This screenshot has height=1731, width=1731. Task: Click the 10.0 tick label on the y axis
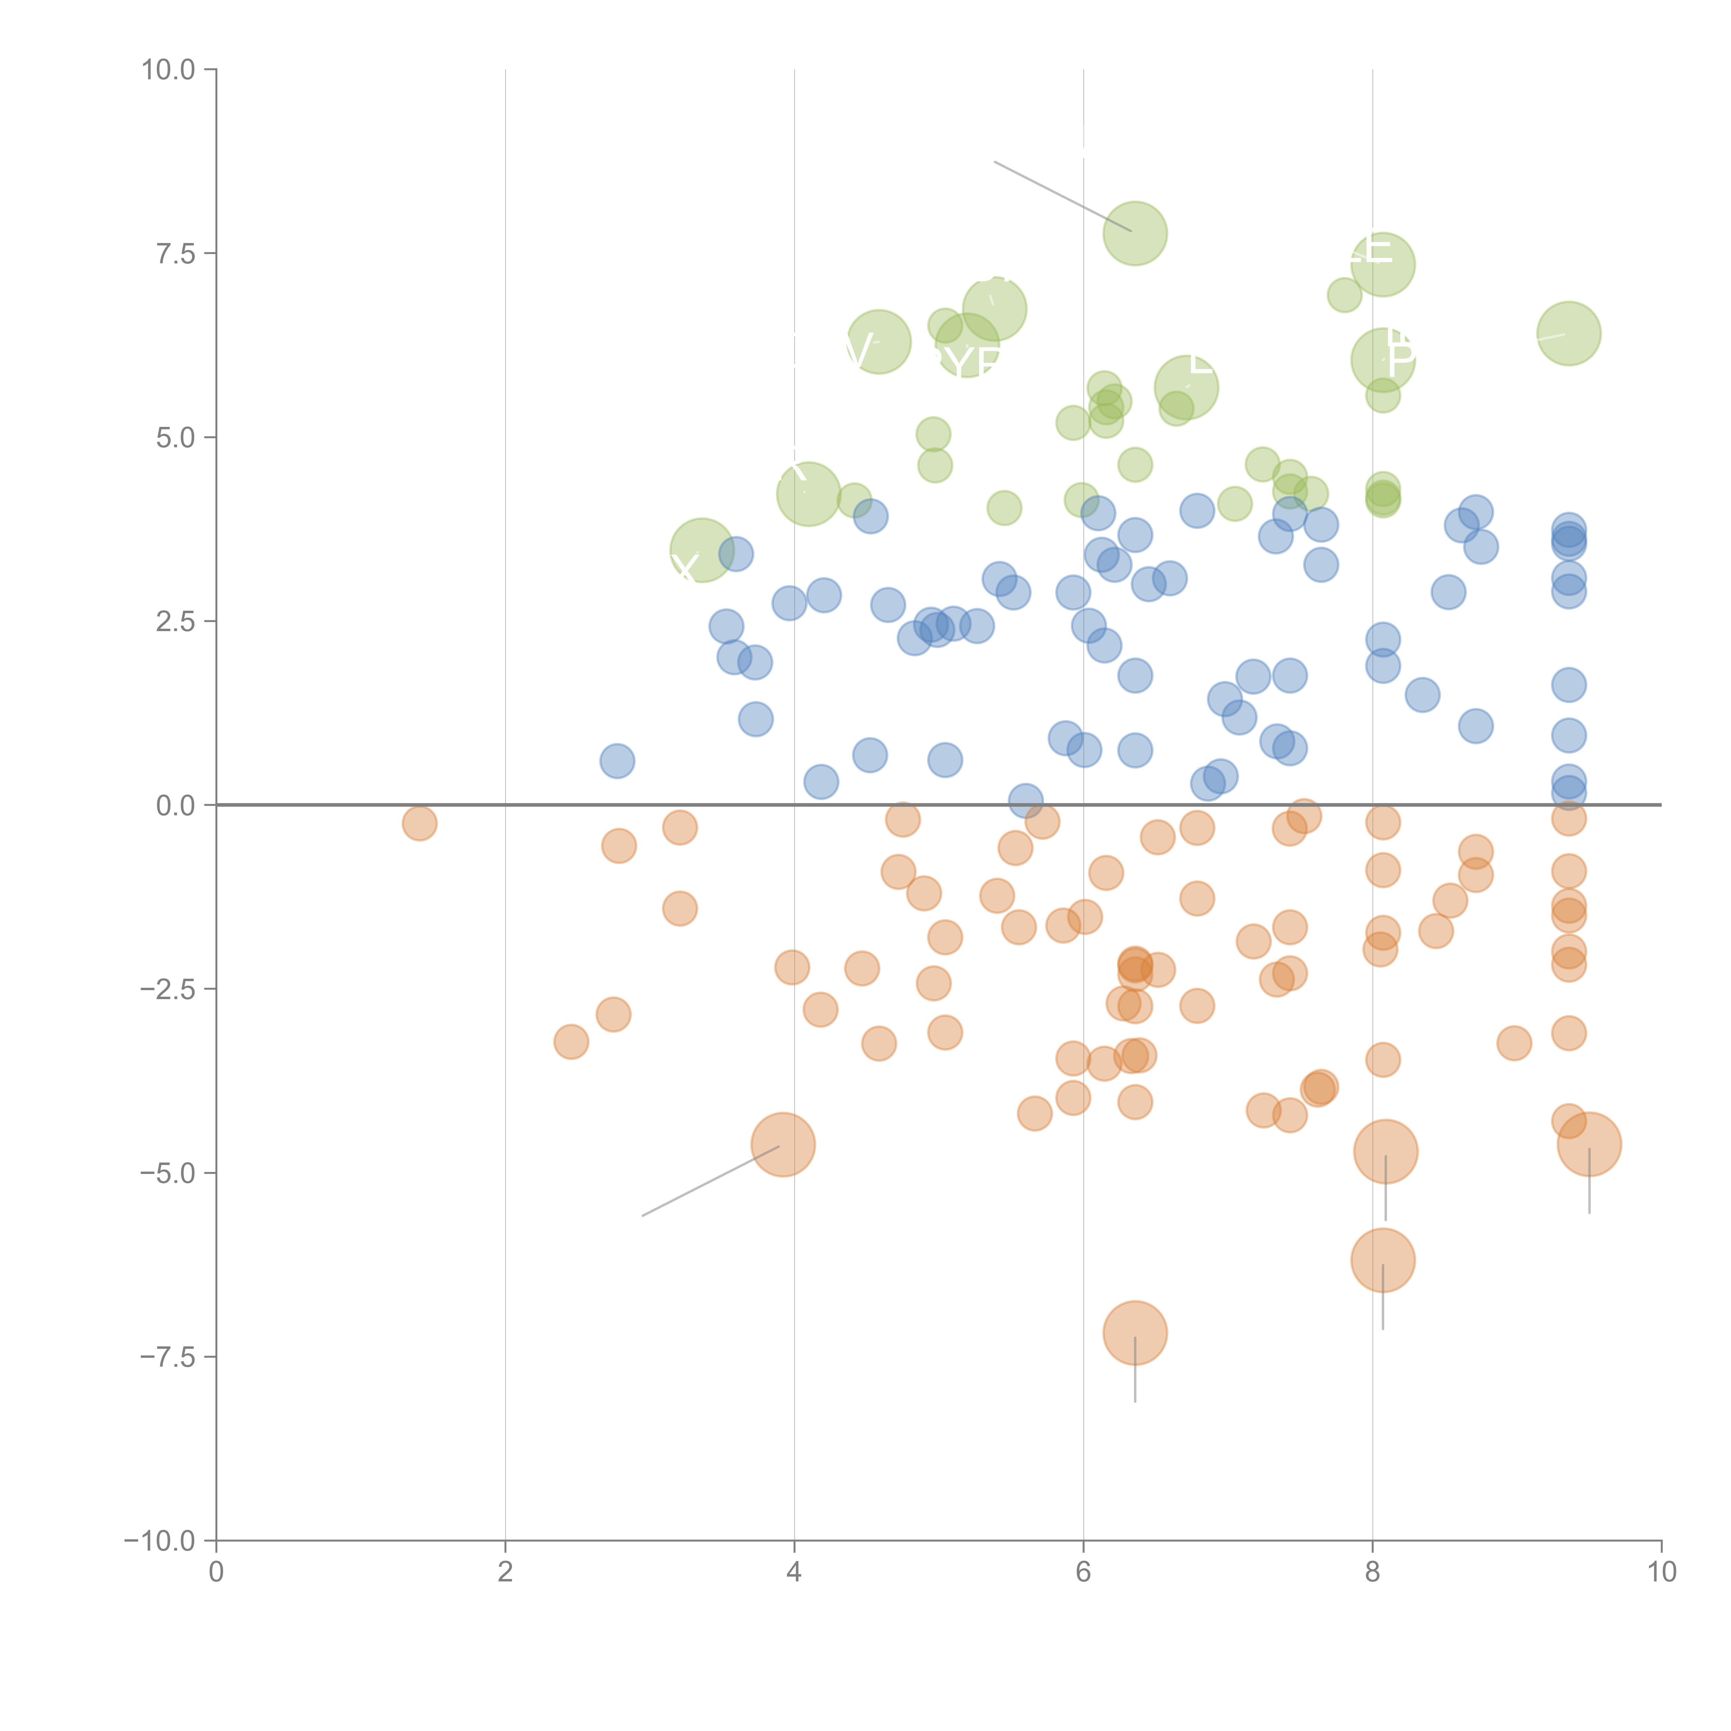pos(169,70)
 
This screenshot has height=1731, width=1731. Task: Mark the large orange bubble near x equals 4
pos(783,1145)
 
